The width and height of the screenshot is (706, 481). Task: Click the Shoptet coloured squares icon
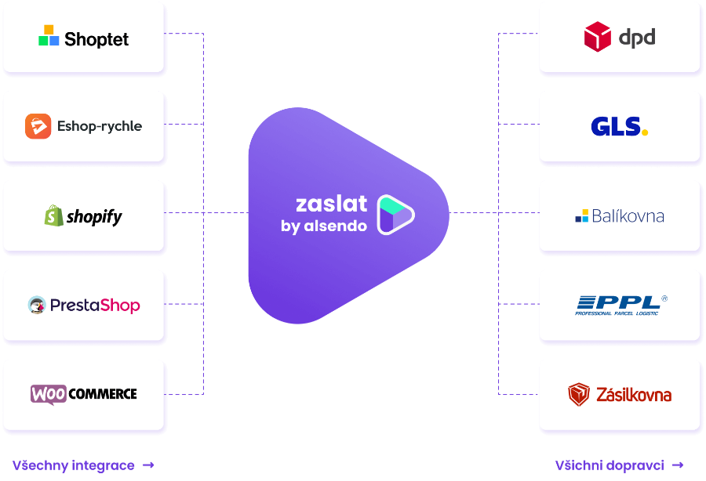coord(49,36)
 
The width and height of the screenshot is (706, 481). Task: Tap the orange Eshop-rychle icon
coord(38,126)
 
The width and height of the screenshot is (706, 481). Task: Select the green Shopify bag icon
coord(53,215)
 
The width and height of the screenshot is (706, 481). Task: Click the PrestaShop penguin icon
coord(37,305)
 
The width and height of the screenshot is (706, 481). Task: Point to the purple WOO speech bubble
coord(48,394)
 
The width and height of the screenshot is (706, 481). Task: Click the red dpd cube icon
coord(597,37)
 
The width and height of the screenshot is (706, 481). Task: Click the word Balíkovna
coord(626,215)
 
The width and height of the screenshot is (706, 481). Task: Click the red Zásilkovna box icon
coord(579,394)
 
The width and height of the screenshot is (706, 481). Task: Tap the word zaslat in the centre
coord(331,204)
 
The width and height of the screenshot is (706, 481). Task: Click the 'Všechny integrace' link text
coord(73,465)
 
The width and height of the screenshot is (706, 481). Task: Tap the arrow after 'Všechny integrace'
coord(148,465)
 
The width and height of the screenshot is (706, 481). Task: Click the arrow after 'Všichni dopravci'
coord(678,465)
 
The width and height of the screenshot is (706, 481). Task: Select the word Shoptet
coord(96,38)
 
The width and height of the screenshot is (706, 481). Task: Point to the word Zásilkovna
coord(633,394)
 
